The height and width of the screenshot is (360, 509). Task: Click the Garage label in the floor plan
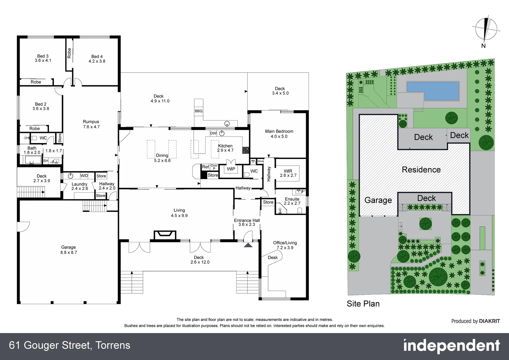(x=68, y=247)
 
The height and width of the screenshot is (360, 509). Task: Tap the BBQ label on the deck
(x=199, y=111)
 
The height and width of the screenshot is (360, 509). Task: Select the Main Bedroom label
(x=279, y=131)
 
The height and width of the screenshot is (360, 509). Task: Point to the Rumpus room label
(x=91, y=122)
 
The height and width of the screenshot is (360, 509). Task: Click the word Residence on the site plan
(x=421, y=170)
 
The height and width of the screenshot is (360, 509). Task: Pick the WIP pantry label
(x=231, y=169)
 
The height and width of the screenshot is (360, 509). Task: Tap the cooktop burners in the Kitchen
(x=246, y=150)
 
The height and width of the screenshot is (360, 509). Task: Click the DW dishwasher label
(x=213, y=133)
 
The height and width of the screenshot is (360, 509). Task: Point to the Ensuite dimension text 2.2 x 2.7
(x=292, y=203)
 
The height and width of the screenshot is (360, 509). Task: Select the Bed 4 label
(x=97, y=57)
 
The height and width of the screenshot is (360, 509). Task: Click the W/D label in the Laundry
(x=84, y=176)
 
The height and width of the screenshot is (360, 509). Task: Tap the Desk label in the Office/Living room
(x=272, y=257)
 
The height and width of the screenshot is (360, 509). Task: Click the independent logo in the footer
(x=451, y=346)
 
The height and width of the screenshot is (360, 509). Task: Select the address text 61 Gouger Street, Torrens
(x=70, y=345)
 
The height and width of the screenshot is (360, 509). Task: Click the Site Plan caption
(x=363, y=304)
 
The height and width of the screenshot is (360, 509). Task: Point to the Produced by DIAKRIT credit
(x=475, y=321)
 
